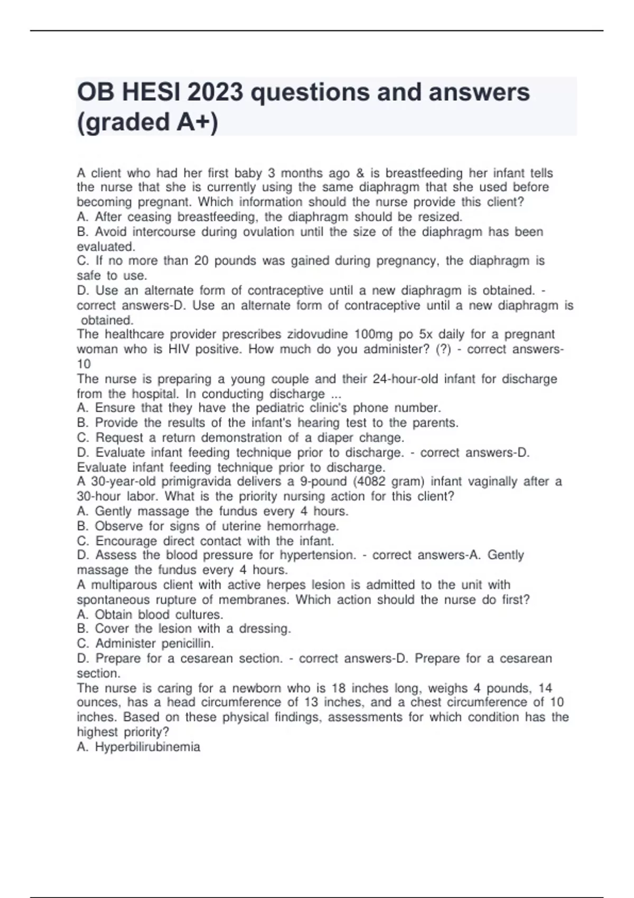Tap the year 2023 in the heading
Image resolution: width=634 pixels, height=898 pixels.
click(215, 92)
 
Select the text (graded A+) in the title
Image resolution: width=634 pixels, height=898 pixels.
click(147, 122)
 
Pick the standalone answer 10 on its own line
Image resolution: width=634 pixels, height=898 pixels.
click(84, 364)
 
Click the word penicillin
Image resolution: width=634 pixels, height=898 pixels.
click(188, 643)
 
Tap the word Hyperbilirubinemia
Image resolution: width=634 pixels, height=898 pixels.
click(147, 747)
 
